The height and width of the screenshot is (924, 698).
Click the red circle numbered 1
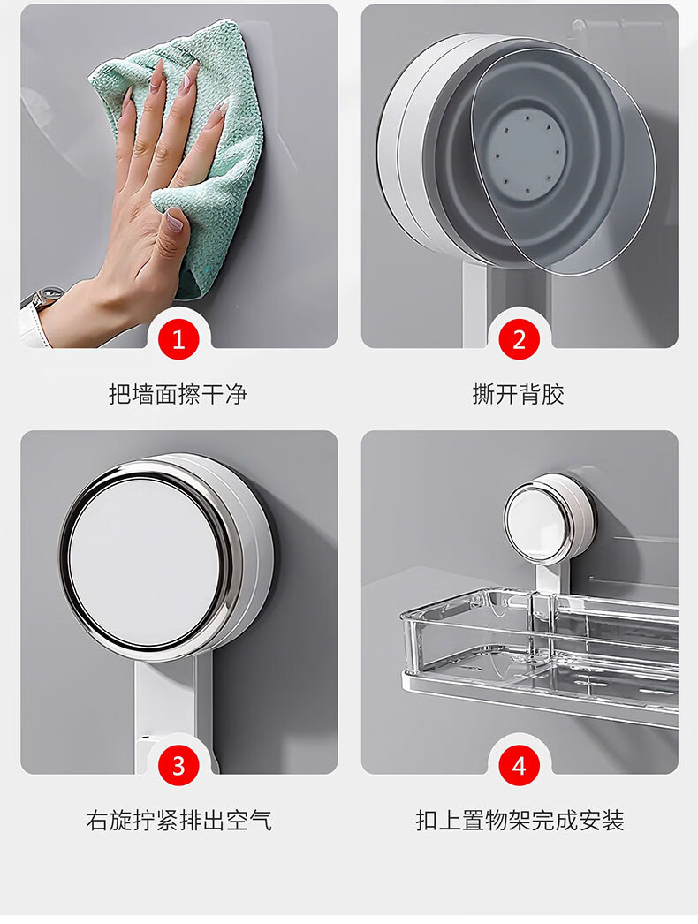[178, 339]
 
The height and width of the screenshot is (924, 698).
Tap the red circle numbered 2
[520, 339]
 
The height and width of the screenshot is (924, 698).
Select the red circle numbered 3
[178, 766]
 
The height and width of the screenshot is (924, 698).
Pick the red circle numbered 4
[520, 766]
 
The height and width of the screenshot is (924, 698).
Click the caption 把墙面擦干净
[178, 394]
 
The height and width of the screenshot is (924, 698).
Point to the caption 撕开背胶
[519, 394]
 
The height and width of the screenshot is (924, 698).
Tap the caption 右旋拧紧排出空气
[178, 821]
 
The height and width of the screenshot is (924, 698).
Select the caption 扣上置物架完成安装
[520, 821]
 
